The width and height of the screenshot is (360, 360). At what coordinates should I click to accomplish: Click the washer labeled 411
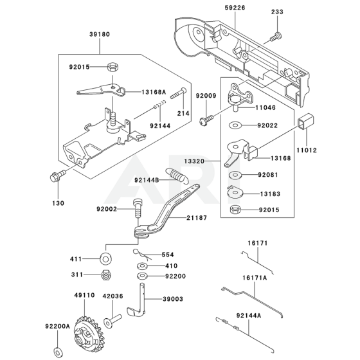pyautogui.click(x=104, y=258)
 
